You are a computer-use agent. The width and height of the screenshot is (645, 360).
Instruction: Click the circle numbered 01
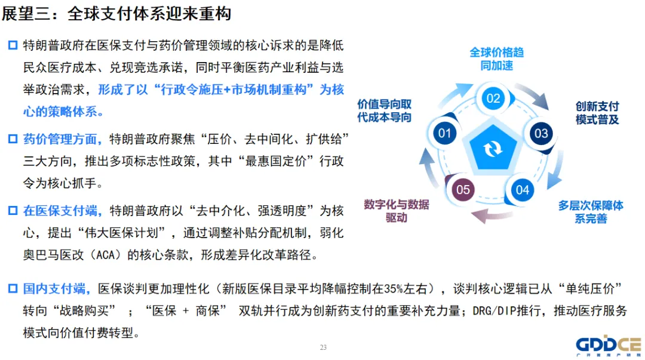click(444, 132)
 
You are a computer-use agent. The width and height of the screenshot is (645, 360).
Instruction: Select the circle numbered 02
click(493, 97)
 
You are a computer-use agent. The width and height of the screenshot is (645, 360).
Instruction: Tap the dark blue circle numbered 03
click(541, 133)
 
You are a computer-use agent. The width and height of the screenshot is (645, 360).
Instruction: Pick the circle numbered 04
click(523, 190)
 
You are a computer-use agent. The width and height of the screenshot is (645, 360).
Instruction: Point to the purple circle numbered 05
click(463, 190)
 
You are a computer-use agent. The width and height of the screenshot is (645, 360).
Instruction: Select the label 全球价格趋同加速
click(496, 59)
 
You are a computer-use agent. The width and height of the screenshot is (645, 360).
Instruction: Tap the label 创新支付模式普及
click(597, 113)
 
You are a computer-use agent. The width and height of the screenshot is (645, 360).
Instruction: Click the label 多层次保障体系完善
click(591, 211)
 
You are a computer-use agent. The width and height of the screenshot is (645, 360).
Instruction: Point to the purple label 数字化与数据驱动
click(397, 211)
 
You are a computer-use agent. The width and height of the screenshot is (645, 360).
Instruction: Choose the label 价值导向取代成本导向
click(385, 110)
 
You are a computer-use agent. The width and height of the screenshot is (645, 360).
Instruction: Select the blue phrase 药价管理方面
click(60, 139)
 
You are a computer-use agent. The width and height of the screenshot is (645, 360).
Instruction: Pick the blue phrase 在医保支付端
click(60, 211)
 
